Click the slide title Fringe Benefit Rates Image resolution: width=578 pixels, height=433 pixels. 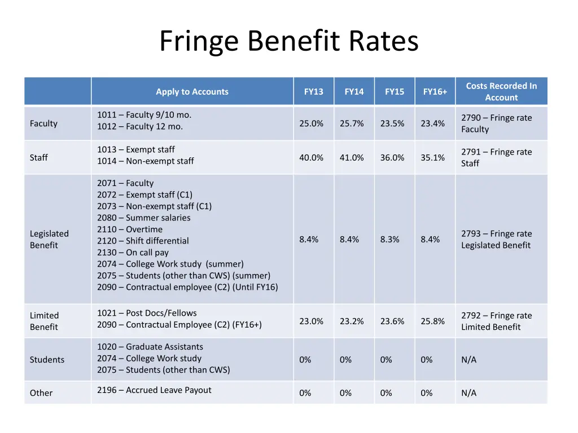[288, 42]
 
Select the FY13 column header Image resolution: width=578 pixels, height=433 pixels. [313, 92]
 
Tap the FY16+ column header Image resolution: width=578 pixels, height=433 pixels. [435, 92]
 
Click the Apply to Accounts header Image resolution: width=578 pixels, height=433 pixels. [192, 92]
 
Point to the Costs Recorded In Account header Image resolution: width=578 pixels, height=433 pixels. [501, 92]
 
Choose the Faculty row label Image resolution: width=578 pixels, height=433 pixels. [43, 123]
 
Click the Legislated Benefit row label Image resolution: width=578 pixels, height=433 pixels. [49, 240]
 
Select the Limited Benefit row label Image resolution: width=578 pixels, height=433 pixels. [44, 321]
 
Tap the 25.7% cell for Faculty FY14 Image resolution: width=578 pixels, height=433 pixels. [352, 123]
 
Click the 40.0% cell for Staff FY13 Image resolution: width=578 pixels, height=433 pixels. [311, 158]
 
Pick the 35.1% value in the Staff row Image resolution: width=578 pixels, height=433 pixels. [432, 158]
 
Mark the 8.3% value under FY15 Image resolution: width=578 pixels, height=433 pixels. [389, 240]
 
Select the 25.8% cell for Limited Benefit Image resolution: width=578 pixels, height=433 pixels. [432, 321]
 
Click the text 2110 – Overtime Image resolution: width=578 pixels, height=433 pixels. [130, 229]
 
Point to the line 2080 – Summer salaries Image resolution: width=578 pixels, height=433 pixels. [143, 218]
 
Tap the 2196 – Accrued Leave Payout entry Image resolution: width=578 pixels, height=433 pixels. [154, 390]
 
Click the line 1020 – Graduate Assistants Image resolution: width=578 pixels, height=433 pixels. [150, 347]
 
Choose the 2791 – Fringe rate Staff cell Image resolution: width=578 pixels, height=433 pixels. [496, 158]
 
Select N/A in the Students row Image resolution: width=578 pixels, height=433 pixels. [468, 360]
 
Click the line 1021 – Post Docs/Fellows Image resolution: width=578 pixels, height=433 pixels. [147, 313]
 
